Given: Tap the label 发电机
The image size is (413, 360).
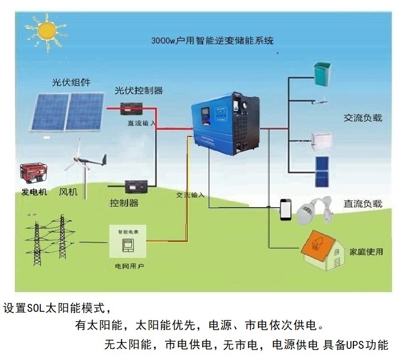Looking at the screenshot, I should click(x=34, y=192).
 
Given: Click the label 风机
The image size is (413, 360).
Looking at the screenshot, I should click(x=67, y=192).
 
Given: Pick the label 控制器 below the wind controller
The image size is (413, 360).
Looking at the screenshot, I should click(x=124, y=203).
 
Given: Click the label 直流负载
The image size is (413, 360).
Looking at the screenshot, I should click(x=363, y=204).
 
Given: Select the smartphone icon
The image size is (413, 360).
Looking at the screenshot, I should click(x=286, y=209).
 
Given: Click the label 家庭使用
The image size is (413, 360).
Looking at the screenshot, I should click(x=366, y=252).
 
